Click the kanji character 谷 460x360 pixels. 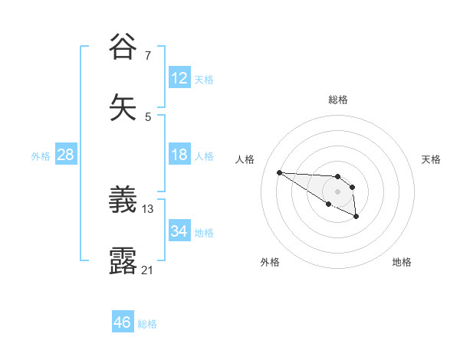(x=123, y=47)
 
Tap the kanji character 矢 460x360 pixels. (x=123, y=106)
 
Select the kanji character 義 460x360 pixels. (x=123, y=201)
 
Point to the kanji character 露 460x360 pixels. (x=123, y=260)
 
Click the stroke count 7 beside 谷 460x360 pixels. (x=148, y=56)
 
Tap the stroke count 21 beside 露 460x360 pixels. (x=148, y=270)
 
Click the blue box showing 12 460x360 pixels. (x=179, y=78)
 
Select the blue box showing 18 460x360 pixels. (x=179, y=155)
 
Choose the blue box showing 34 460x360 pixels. (x=179, y=231)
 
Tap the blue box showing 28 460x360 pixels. (x=66, y=155)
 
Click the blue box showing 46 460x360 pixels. (x=123, y=322)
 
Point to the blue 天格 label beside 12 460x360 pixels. (x=204, y=80)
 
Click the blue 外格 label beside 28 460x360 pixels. (x=41, y=156)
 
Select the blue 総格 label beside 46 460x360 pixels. (x=147, y=324)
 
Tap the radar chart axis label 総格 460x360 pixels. (x=337, y=100)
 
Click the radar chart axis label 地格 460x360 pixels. (x=402, y=262)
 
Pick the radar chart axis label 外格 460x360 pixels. (x=270, y=262)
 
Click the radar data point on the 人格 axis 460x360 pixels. (x=279, y=172)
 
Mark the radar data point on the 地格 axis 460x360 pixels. (x=356, y=217)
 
